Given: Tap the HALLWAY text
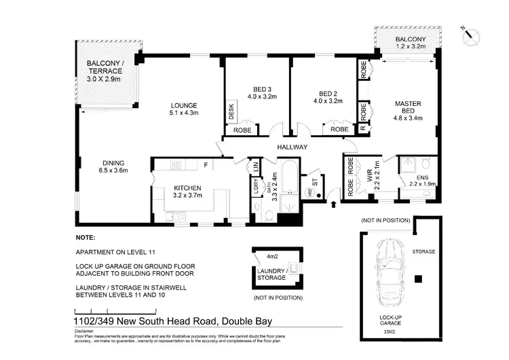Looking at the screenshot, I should pyautogui.click(x=293, y=147).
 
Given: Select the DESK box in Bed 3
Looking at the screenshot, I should pyautogui.click(x=231, y=108).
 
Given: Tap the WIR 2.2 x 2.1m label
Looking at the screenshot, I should pyautogui.click(x=373, y=179).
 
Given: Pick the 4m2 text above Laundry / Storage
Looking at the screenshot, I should pyautogui.click(x=273, y=257).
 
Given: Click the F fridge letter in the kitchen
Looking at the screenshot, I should pyautogui.click(x=205, y=164).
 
